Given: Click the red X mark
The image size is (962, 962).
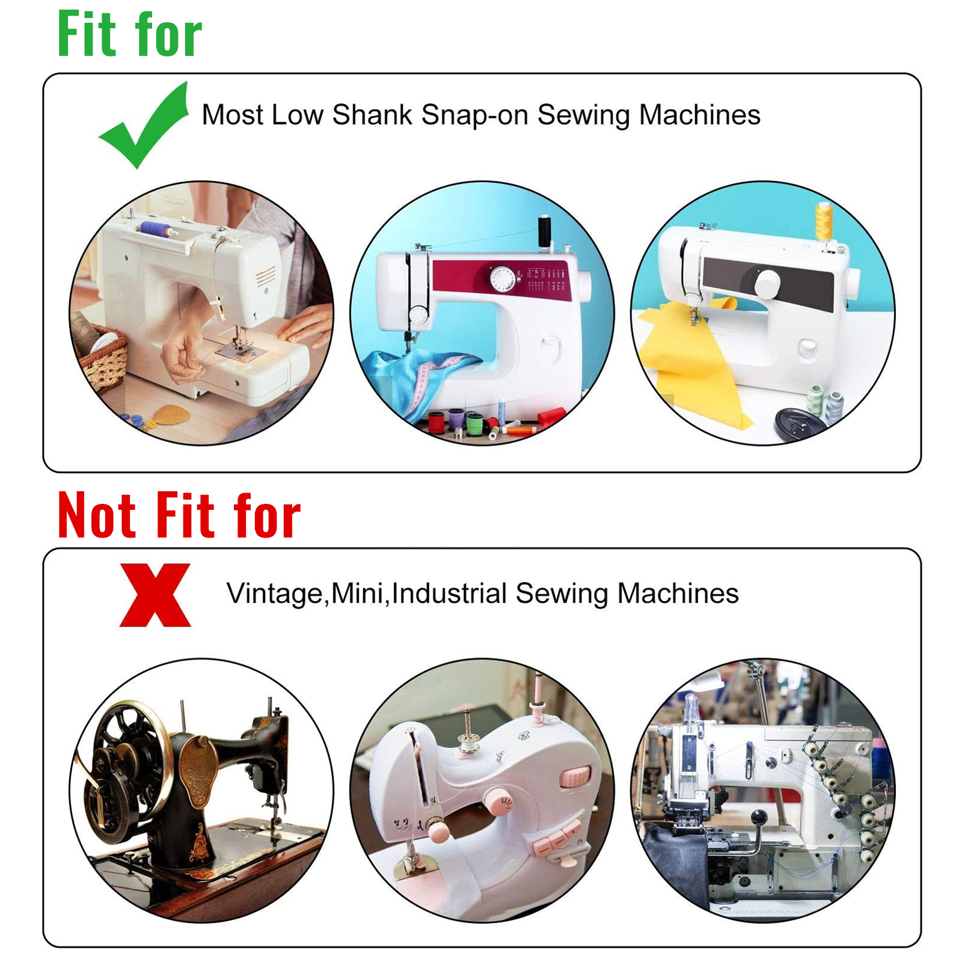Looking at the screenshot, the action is click(x=155, y=595).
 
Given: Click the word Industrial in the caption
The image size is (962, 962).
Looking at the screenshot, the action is click(x=449, y=593).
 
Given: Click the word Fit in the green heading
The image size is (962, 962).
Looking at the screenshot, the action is click(x=87, y=34).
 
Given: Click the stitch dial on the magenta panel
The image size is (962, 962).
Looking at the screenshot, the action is click(x=501, y=278).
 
